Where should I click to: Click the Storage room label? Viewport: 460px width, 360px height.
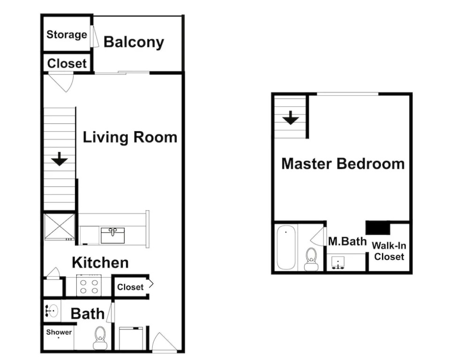pyautogui.click(x=67, y=35)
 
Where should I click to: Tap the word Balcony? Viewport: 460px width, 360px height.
pyautogui.click(x=134, y=42)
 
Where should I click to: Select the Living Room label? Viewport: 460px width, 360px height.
pyautogui.click(x=130, y=137)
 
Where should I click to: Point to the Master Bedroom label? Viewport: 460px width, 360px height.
pyautogui.click(x=343, y=164)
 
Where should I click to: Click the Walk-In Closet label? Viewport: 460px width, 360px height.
pyautogui.click(x=389, y=251)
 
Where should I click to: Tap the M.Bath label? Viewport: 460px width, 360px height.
pyautogui.click(x=348, y=241)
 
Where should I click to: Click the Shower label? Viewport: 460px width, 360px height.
pyautogui.click(x=59, y=332)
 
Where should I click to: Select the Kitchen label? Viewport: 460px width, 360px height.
pyautogui.click(x=100, y=262)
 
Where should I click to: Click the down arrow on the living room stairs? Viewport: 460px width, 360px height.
pyautogui.click(x=59, y=159)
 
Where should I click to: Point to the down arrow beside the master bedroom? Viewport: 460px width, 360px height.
pyautogui.click(x=290, y=118)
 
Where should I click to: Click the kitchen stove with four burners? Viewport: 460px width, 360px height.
pyautogui.click(x=89, y=285)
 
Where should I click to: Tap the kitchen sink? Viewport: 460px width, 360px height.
pyautogui.click(x=112, y=235)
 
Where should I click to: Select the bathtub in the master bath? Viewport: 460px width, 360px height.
pyautogui.click(x=286, y=247)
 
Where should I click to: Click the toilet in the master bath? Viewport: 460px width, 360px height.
pyautogui.click(x=311, y=259)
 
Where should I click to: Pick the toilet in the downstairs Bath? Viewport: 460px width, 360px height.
pyautogui.click(x=100, y=337)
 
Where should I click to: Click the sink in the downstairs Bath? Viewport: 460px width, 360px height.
pyautogui.click(x=52, y=311)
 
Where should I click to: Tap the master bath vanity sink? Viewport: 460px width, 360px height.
pyautogui.click(x=338, y=262)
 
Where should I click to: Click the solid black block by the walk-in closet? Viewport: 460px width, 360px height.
pyautogui.click(x=378, y=227)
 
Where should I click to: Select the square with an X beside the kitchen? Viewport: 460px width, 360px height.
pyautogui.click(x=59, y=227)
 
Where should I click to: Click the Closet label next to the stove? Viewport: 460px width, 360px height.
pyautogui.click(x=130, y=287)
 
